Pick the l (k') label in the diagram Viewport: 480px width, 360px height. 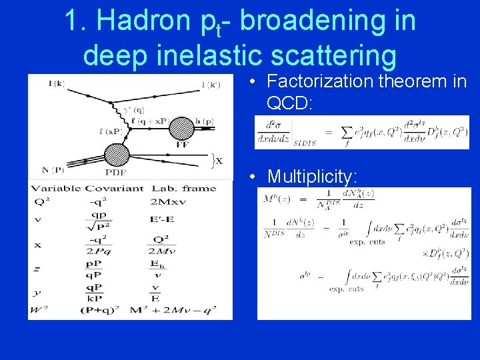pos(213,84)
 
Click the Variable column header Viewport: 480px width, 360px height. pos(56,189)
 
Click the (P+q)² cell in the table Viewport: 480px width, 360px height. pos(101,309)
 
